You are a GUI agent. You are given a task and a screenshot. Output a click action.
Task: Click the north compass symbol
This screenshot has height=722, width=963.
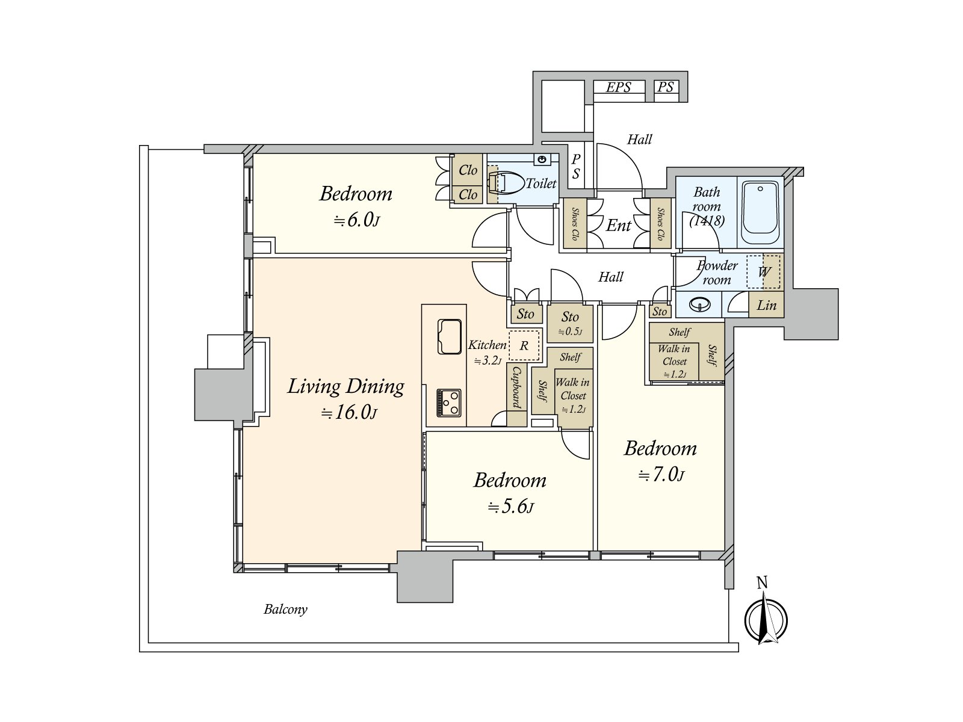tap(766, 620)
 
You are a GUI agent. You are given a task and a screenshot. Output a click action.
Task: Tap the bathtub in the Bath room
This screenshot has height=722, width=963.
tap(760, 213)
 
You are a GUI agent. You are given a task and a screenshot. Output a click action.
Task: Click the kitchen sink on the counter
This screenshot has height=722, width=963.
tap(449, 337)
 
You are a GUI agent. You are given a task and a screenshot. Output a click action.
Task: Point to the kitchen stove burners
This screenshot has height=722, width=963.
tap(449, 403)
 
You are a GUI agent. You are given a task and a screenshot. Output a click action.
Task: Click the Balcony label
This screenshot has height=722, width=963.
tap(286, 609)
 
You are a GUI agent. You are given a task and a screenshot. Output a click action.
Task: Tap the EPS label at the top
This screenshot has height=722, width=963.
tap(619, 87)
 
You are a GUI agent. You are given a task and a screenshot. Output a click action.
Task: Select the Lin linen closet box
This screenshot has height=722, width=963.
tap(766, 304)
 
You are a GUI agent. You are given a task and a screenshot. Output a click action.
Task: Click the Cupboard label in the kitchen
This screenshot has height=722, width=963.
tap(517, 387)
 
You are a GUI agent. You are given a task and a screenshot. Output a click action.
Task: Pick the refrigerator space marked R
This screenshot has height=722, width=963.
tap(524, 345)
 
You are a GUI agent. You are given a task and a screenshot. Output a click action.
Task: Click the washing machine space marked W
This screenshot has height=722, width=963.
tap(763, 272)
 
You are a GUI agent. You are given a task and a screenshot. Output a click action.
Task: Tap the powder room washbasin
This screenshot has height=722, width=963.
tap(699, 304)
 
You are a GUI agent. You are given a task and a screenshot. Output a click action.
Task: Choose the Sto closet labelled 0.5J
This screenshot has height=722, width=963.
tap(571, 324)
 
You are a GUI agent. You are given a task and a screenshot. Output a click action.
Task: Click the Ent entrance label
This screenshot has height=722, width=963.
tap(619, 226)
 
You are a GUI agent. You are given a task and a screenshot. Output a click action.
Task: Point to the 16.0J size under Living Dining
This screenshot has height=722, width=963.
tap(349, 413)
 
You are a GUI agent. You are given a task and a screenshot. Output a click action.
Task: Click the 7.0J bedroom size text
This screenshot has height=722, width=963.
tap(661, 475)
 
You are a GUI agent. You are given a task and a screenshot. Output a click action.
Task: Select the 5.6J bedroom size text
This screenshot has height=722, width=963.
tap(510, 507)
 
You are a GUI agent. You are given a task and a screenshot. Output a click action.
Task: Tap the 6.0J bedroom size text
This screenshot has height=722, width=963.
tap(356, 220)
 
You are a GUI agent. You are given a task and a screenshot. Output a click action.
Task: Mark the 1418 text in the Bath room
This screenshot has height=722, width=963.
tap(707, 220)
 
